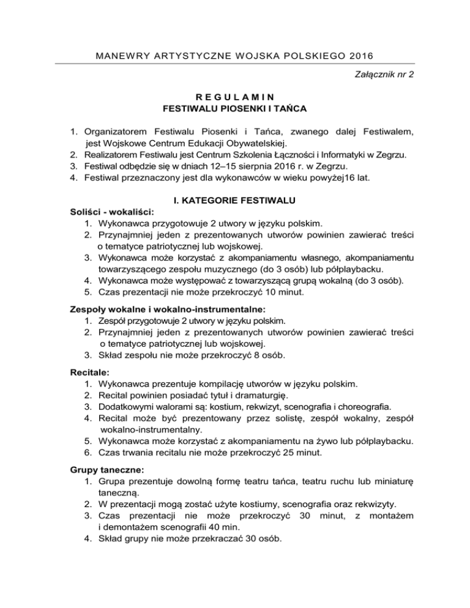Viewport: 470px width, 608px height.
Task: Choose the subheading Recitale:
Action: [86, 371]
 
